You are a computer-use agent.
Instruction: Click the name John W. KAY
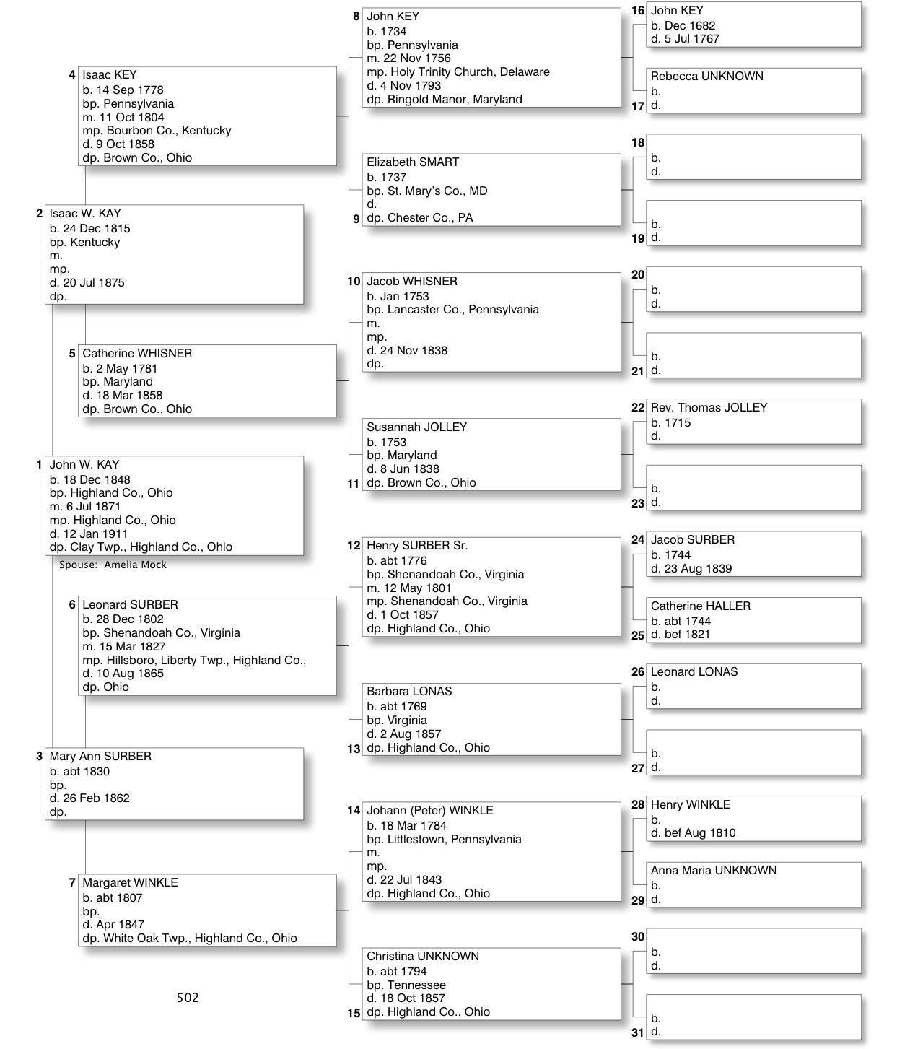(84, 465)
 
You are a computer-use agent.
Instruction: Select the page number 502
(188, 998)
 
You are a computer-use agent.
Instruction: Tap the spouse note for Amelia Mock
(113, 565)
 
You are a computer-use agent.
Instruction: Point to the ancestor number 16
(638, 11)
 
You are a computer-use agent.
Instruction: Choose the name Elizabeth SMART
(412, 162)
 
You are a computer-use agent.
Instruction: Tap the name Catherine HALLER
(700, 606)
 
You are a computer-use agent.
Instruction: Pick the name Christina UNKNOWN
(422, 957)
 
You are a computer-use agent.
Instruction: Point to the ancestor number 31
(638, 1032)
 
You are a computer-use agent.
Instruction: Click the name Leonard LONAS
(694, 672)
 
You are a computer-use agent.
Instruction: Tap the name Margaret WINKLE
(130, 883)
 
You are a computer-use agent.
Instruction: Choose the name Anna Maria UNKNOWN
(713, 871)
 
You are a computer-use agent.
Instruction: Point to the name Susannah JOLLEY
(416, 427)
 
